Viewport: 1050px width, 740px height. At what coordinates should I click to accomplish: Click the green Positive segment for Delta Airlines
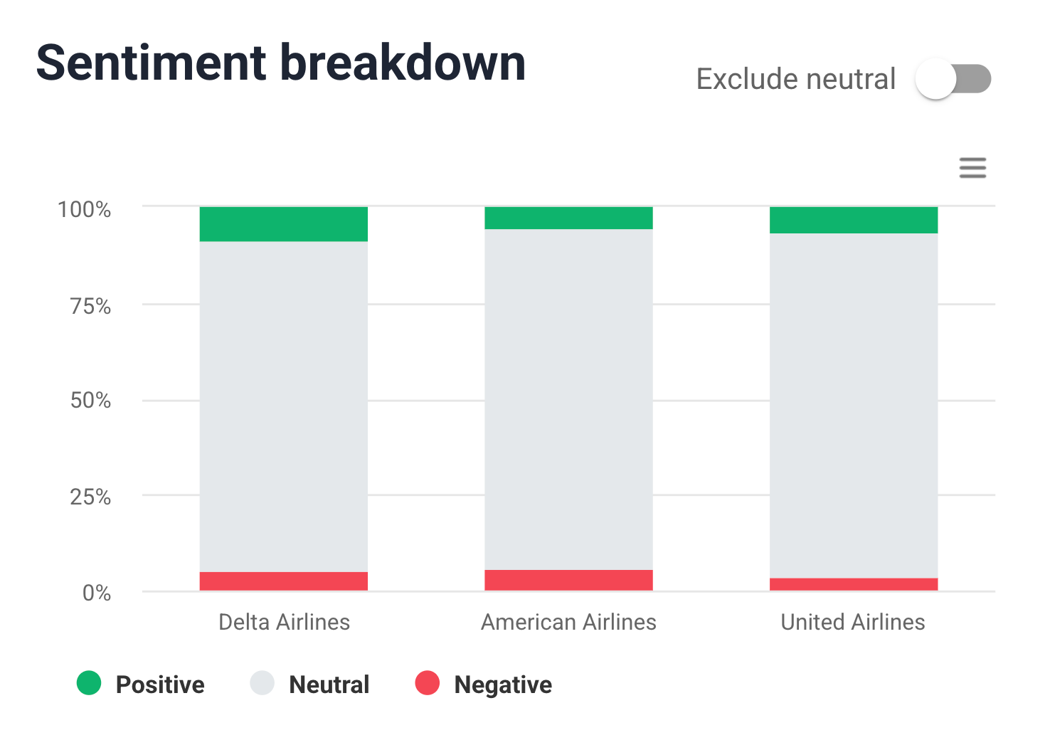coord(283,224)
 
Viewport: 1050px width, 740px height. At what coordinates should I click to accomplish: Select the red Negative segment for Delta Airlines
coord(283,581)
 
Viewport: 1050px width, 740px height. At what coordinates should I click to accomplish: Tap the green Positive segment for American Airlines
coord(568,218)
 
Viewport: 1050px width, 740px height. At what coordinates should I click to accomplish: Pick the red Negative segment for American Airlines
coord(568,580)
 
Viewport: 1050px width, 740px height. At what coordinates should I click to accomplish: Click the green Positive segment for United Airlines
coord(853,220)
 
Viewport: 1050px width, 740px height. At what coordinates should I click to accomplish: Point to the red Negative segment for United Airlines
coord(853,584)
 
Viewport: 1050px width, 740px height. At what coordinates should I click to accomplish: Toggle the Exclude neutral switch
coord(953,79)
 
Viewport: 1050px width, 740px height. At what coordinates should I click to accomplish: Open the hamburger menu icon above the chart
coord(972,168)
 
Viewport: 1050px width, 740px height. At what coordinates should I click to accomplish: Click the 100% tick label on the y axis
coord(84,210)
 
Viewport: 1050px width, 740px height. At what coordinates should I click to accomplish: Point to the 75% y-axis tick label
coord(90,307)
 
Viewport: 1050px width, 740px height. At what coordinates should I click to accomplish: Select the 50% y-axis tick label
coord(90,401)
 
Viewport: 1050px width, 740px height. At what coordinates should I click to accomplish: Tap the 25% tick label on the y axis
coord(90,497)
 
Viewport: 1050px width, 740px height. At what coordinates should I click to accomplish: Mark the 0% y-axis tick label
coord(97,593)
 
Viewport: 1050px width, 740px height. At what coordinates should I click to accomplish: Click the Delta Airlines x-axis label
coord(284,622)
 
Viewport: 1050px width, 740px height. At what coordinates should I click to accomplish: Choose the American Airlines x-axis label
coord(568,622)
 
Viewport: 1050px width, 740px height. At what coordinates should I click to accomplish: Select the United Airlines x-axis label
coord(852,622)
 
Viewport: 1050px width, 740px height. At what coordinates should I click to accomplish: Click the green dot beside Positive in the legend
coord(89,683)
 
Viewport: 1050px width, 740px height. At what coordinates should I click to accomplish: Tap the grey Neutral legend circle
coord(262,683)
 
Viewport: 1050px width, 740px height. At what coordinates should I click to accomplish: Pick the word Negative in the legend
coord(502,684)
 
